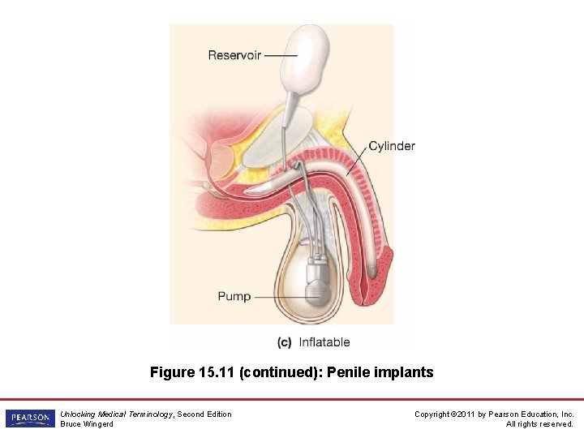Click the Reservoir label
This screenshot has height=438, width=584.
tap(234, 55)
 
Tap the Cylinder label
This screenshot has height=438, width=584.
tap(392, 146)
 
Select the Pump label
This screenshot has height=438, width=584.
tap(234, 296)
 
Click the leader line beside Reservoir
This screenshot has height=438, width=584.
tap(279, 55)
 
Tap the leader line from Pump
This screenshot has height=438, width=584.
tap(276, 297)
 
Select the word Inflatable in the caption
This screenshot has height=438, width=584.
tap(324, 342)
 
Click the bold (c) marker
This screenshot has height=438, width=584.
tap(284, 342)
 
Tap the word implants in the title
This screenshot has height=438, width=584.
tap(406, 373)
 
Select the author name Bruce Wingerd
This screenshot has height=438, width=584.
tap(87, 424)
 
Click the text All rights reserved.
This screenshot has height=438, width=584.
tap(539, 424)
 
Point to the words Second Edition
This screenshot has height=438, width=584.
tap(204, 414)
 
